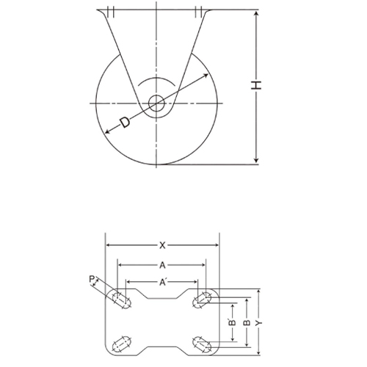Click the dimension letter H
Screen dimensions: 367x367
click(x=256, y=85)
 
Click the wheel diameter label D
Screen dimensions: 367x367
click(x=125, y=122)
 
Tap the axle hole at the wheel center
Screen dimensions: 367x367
click(x=156, y=103)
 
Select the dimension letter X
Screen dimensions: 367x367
click(x=162, y=245)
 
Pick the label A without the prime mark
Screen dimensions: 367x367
click(x=162, y=265)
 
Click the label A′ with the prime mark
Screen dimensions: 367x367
click(x=162, y=283)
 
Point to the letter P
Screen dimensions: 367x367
click(x=92, y=279)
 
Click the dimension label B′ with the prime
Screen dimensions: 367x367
click(x=233, y=321)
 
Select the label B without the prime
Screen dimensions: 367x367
click(x=247, y=322)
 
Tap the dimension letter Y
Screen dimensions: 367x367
click(x=258, y=323)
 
